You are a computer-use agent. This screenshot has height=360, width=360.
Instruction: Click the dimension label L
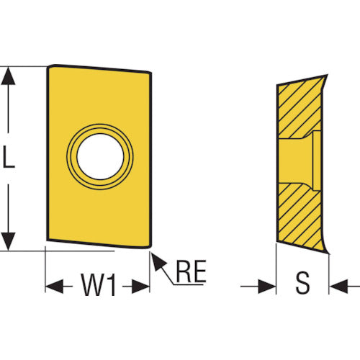pos(9,157)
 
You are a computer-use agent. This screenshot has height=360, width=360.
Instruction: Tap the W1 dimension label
pos(99,284)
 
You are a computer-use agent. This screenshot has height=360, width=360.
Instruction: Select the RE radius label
pos(191,271)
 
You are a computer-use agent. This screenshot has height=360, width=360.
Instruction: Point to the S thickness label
pos(302,283)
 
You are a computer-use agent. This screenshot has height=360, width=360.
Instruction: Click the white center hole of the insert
pos(100,156)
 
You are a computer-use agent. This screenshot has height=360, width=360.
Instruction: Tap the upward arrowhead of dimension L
pos(9,76)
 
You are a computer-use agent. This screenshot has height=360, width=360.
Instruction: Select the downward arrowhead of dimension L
pos(9,241)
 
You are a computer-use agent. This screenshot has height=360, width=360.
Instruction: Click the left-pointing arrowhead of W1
pos(54,287)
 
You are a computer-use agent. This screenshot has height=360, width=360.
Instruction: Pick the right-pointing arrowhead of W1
pos(140,287)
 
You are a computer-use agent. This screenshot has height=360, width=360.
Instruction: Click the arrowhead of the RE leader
pos(158,261)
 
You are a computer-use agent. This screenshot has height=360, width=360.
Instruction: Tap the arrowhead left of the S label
pos(267,287)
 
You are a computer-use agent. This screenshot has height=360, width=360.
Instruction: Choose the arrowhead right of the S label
pos(338,287)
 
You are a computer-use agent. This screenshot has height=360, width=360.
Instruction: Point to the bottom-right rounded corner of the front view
pos(149,246)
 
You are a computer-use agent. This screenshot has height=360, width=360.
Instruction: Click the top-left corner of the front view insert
pos(49,66)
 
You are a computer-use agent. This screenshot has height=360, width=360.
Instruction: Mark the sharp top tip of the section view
pos(327,76)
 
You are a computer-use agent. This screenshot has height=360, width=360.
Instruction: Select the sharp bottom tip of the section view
pos(328,253)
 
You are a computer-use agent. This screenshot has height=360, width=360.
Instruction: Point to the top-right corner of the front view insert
pos(150,73)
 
